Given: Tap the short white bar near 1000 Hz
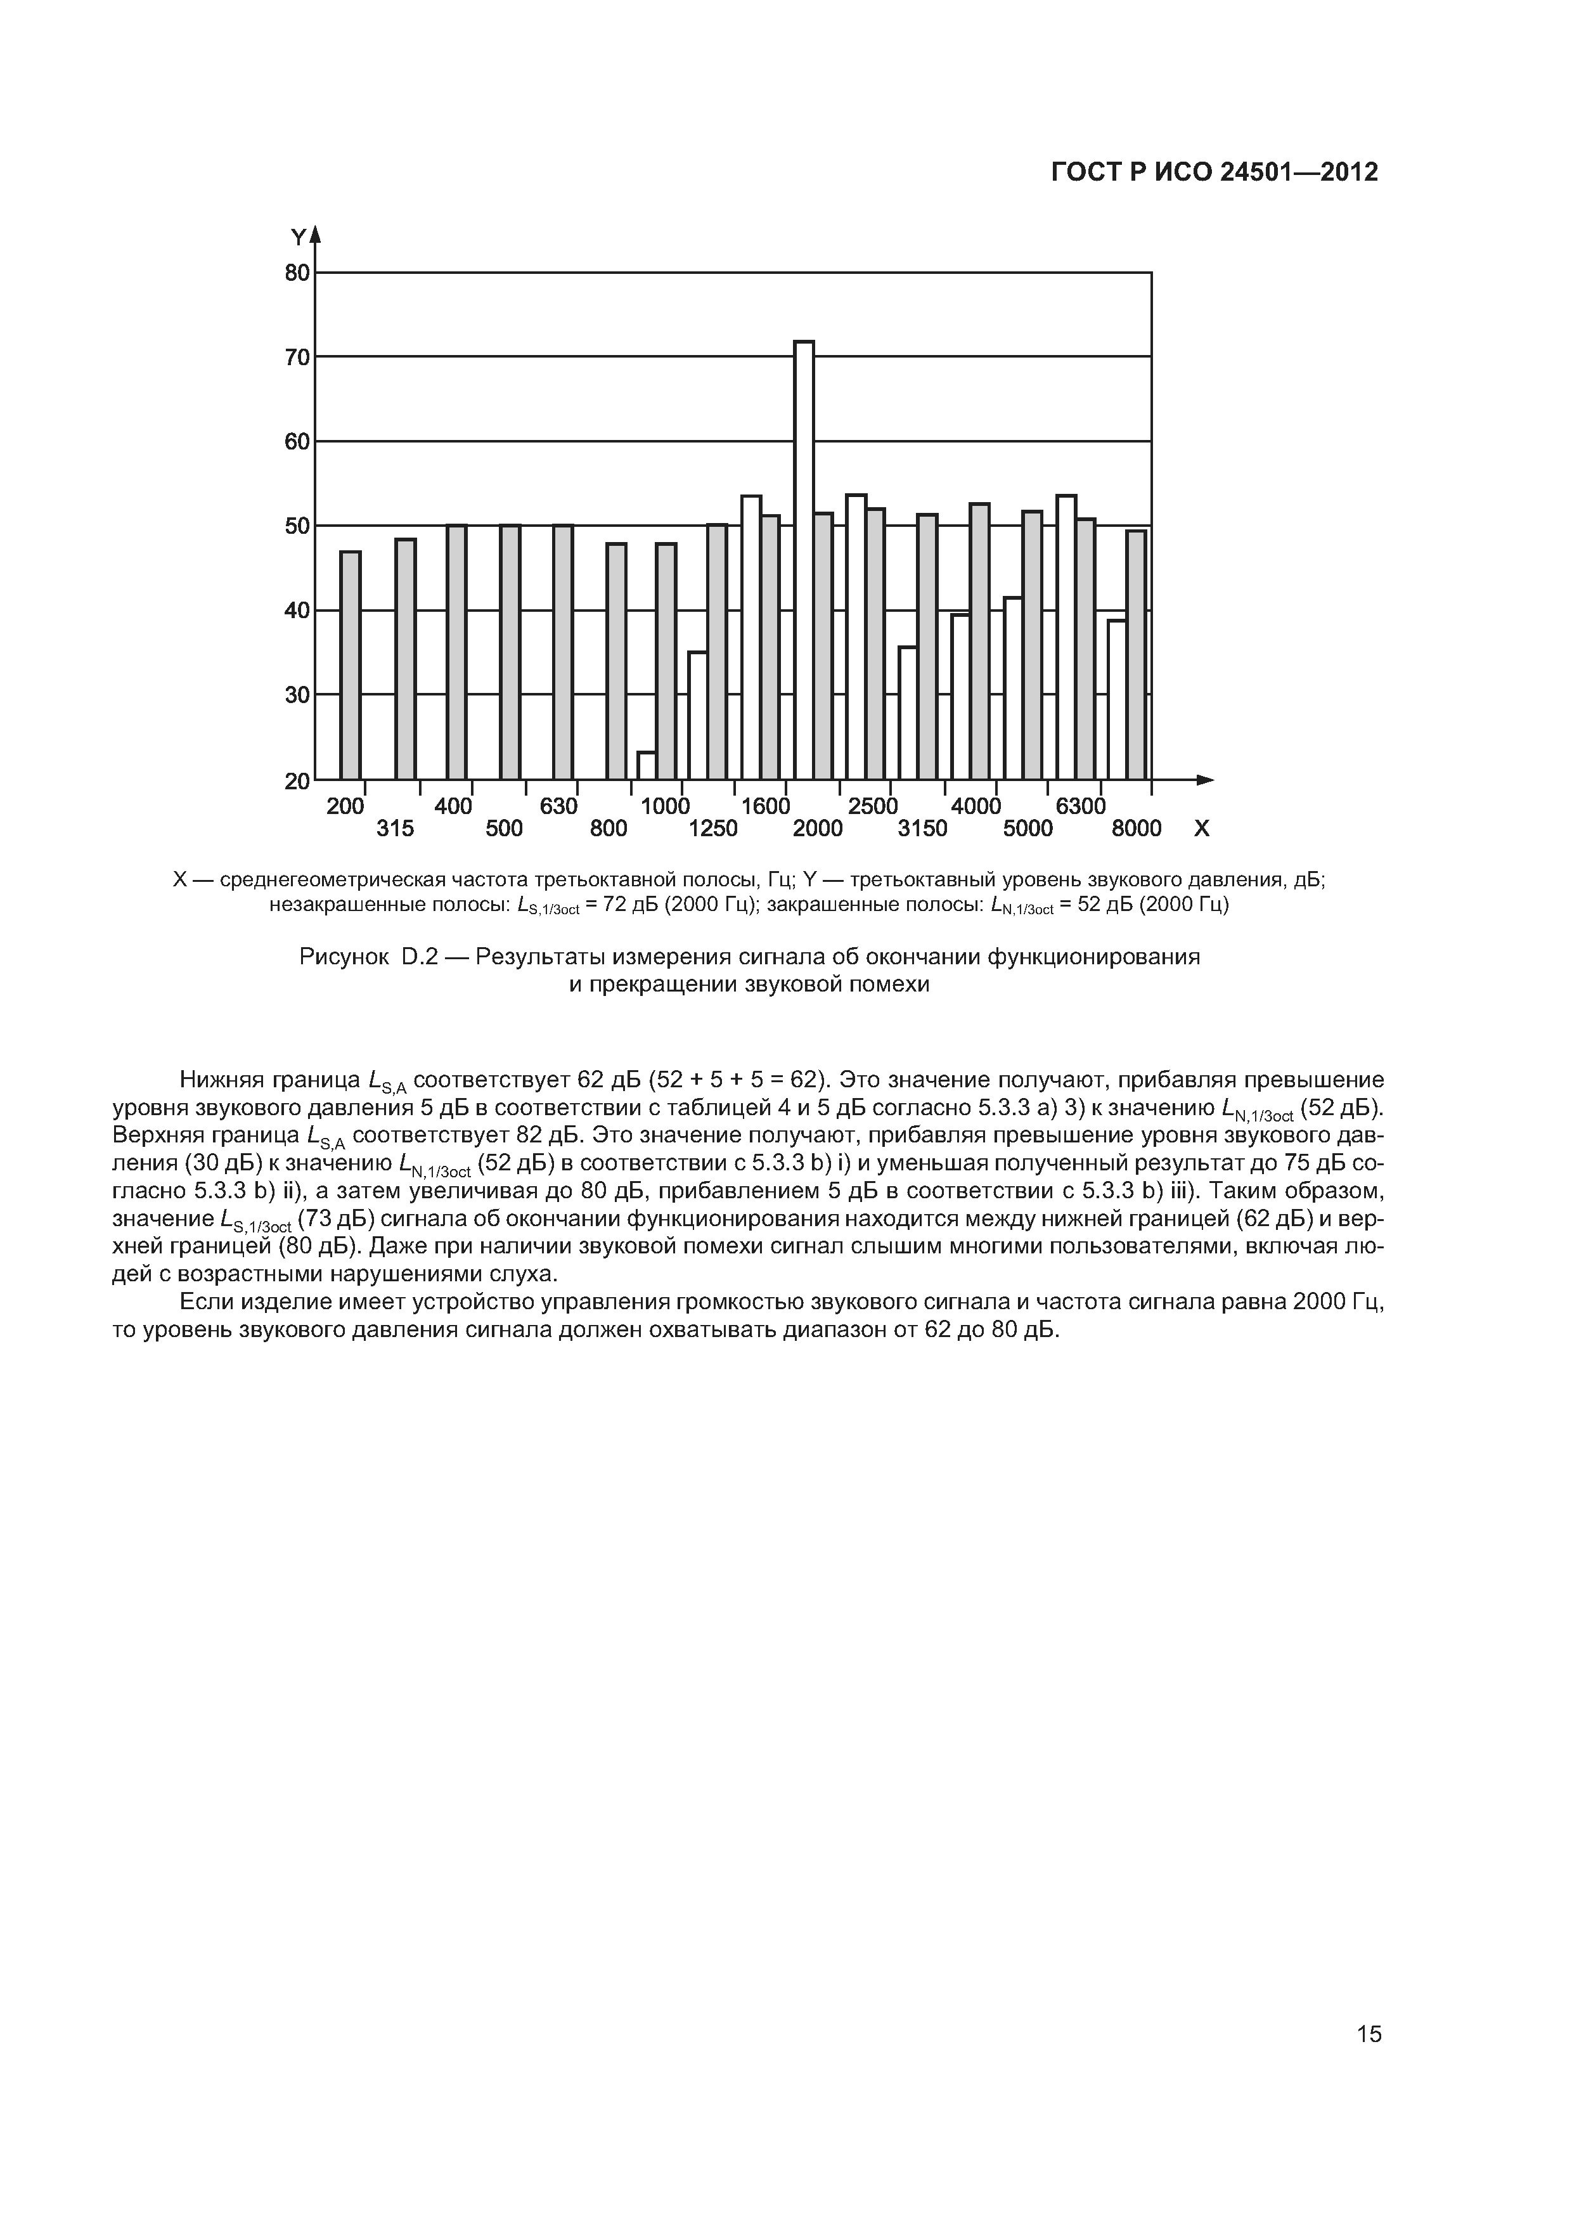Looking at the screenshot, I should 646,765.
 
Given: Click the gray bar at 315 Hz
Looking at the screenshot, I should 406,659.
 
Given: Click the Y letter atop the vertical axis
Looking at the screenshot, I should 299,237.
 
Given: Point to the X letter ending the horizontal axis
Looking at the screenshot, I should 1202,829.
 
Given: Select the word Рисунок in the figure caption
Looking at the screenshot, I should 343,957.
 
